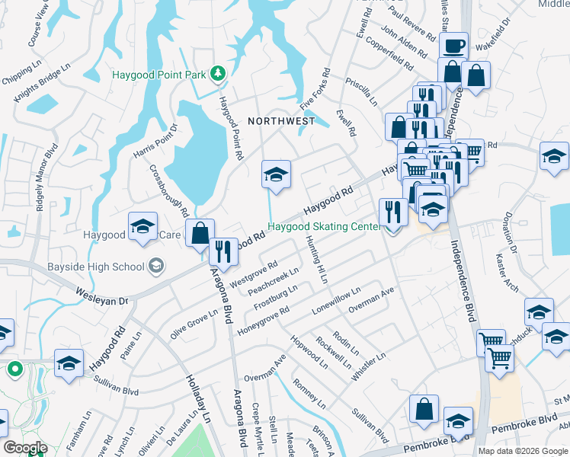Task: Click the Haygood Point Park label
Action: point(159,75)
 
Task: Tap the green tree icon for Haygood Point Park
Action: point(219,73)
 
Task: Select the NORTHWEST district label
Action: point(280,120)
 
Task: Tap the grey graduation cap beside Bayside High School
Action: point(157,265)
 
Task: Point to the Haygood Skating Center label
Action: point(323,226)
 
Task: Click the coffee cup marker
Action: point(454,46)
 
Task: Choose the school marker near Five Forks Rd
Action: point(275,174)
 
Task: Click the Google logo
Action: point(25,448)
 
